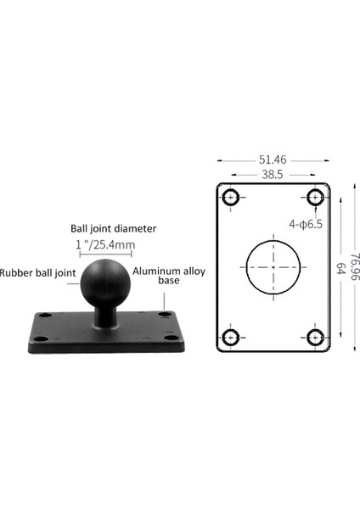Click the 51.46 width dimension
272,158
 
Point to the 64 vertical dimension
340,268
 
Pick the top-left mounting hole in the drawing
229,199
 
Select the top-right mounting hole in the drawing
315,199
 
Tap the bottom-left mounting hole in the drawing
229,338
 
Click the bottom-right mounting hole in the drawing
315,338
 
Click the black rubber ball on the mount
105,279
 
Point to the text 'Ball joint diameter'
114,228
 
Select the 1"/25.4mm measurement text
106,244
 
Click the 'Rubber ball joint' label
38,272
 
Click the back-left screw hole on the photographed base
46,315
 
